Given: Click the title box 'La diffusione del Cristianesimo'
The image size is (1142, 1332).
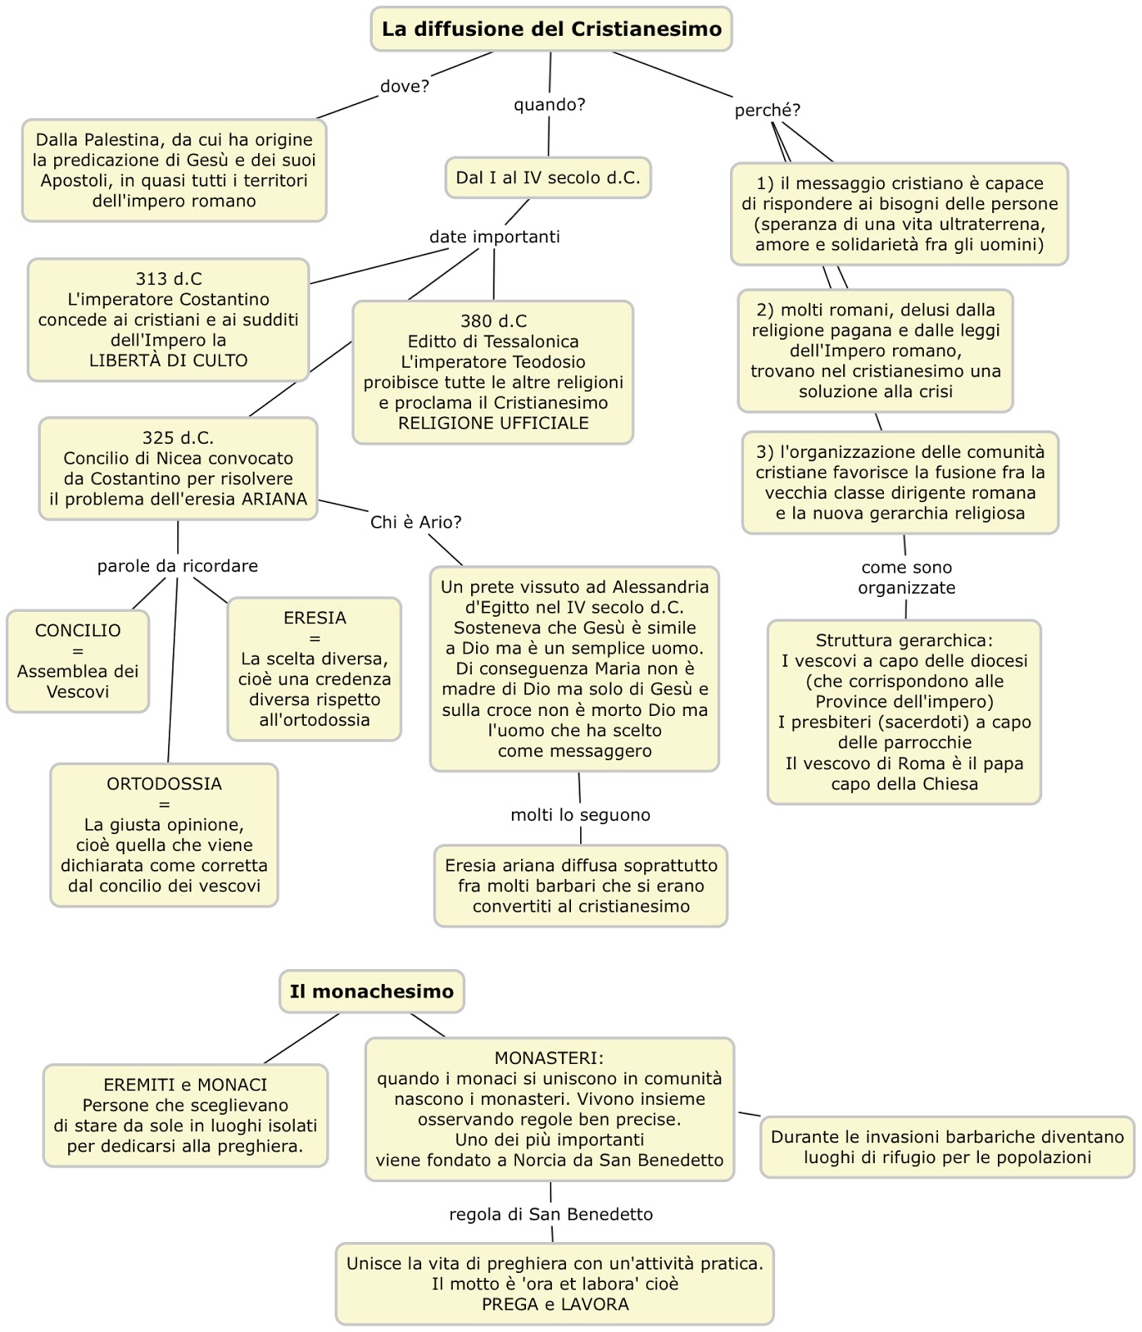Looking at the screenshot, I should coord(551,29).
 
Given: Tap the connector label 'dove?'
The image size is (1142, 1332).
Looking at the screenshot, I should coord(405,87).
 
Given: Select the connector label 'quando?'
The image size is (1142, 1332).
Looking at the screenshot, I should coord(549,105).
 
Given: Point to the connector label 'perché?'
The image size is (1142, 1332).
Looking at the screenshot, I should coord(767,110).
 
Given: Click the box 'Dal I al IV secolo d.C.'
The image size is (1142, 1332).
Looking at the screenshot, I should coord(548,177).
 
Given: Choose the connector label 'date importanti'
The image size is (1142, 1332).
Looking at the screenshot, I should coord(494,236).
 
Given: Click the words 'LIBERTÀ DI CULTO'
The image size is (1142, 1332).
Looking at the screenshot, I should coord(168,360).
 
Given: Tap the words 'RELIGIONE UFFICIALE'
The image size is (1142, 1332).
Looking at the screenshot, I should coord(493,423).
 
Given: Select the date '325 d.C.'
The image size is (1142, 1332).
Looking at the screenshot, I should coord(178,438).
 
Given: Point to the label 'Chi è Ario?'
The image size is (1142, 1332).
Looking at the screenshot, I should coord(415,522).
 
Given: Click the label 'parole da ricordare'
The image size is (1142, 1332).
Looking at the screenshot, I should coord(177,566).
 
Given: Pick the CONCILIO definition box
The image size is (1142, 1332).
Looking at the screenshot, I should coord(77,661).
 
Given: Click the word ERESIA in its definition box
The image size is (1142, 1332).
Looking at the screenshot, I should coord(315,618).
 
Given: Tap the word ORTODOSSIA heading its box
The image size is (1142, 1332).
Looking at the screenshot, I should coord(164,783).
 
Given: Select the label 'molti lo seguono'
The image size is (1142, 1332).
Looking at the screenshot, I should coord(580,815).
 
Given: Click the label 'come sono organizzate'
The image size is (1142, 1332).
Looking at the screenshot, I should coord(906,577).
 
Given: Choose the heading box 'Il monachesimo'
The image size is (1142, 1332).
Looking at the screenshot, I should coord(371,992).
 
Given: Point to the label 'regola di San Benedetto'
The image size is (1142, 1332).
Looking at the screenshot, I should coord(550,1215).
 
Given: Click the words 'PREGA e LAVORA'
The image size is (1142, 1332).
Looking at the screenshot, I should coord(554,1305).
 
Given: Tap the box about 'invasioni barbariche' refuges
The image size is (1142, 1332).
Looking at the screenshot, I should coord(947,1147).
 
